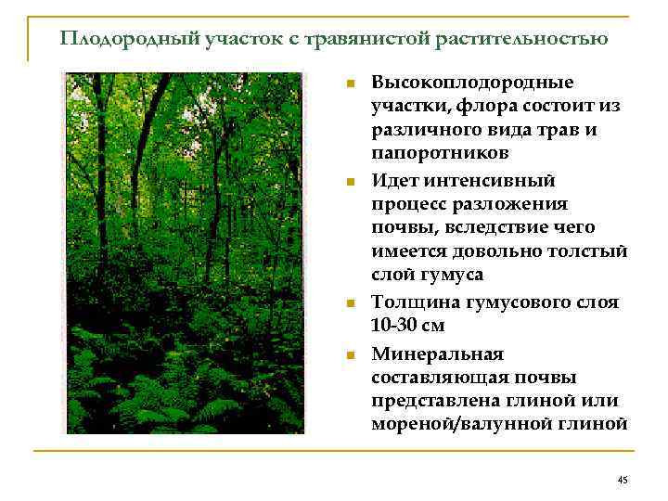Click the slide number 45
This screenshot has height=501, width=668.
coord(622,479)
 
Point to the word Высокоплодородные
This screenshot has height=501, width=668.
coord(472,83)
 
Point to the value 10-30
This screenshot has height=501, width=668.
coord(395,326)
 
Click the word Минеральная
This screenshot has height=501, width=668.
coord(437,353)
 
